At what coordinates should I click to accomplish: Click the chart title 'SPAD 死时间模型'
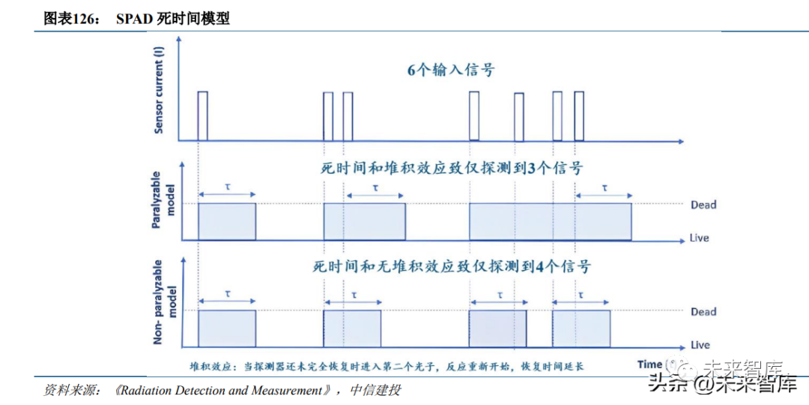[172, 19]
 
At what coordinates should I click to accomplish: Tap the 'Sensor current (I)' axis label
[159, 90]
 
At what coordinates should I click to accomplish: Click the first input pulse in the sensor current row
[202, 115]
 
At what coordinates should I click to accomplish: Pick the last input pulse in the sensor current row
[579, 115]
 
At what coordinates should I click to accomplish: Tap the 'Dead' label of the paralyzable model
[703, 205]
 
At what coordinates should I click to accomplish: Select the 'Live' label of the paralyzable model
[700, 238]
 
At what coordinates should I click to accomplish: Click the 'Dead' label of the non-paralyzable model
[703, 311]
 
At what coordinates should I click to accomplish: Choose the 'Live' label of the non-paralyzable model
[700, 345]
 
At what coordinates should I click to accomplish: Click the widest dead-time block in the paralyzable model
[550, 221]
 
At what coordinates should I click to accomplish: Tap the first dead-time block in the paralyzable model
[226, 221]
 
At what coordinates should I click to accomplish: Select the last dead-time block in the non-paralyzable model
[581, 328]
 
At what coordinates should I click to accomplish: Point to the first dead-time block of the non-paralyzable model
[226, 328]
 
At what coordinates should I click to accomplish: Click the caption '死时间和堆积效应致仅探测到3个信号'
[447, 169]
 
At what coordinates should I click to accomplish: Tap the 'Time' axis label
[649, 364]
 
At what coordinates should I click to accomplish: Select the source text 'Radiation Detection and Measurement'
[223, 391]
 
